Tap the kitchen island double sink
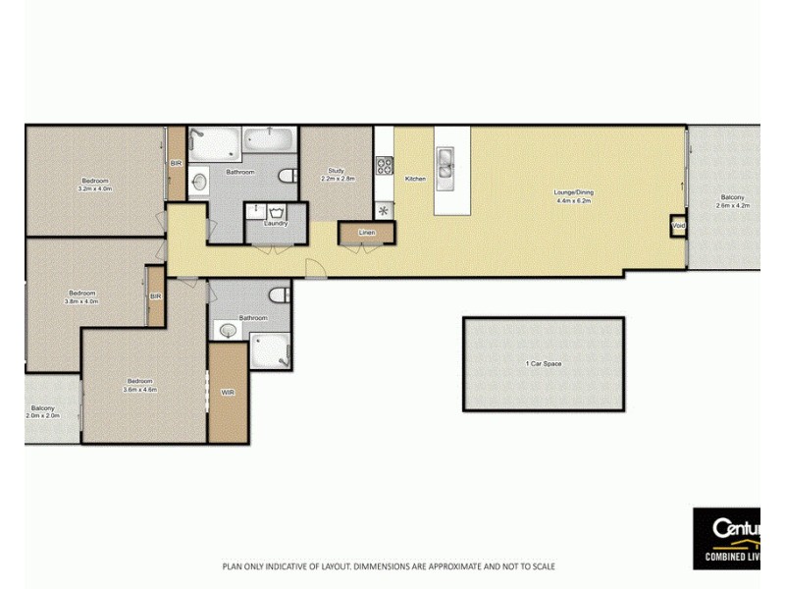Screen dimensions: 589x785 pyautogui.click(x=445, y=166)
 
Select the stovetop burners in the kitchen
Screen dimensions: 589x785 pyautogui.click(x=384, y=166)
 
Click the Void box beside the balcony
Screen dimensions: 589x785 pyautogui.click(x=678, y=226)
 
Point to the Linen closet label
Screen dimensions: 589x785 pyautogui.click(x=367, y=233)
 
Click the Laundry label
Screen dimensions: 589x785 pyautogui.click(x=277, y=223)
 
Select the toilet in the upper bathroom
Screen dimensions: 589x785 pyautogui.click(x=288, y=176)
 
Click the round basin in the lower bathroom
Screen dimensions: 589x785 pyautogui.click(x=229, y=331)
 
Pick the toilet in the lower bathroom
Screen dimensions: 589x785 pyautogui.click(x=281, y=294)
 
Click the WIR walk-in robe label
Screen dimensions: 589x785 pyautogui.click(x=228, y=392)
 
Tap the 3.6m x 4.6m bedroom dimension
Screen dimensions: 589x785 pyautogui.click(x=139, y=390)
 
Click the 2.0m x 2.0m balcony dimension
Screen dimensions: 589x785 pyautogui.click(x=42, y=415)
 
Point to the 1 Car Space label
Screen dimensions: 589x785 pyautogui.click(x=544, y=364)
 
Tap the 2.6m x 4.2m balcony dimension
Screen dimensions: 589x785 pyautogui.click(x=733, y=206)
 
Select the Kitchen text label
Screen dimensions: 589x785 pyautogui.click(x=415, y=178)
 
